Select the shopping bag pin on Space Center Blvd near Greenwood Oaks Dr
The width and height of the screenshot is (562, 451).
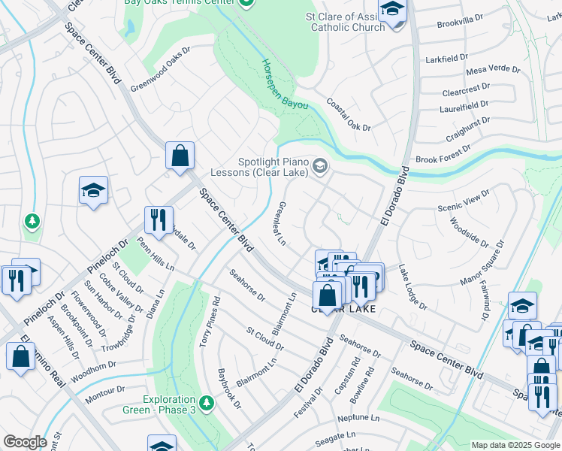(180, 156)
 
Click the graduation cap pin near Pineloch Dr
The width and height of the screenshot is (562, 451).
(94, 191)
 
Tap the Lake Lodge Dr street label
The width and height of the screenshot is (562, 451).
(412, 287)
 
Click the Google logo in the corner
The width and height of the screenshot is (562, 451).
(25, 442)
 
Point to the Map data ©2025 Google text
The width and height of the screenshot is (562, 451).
(515, 445)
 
